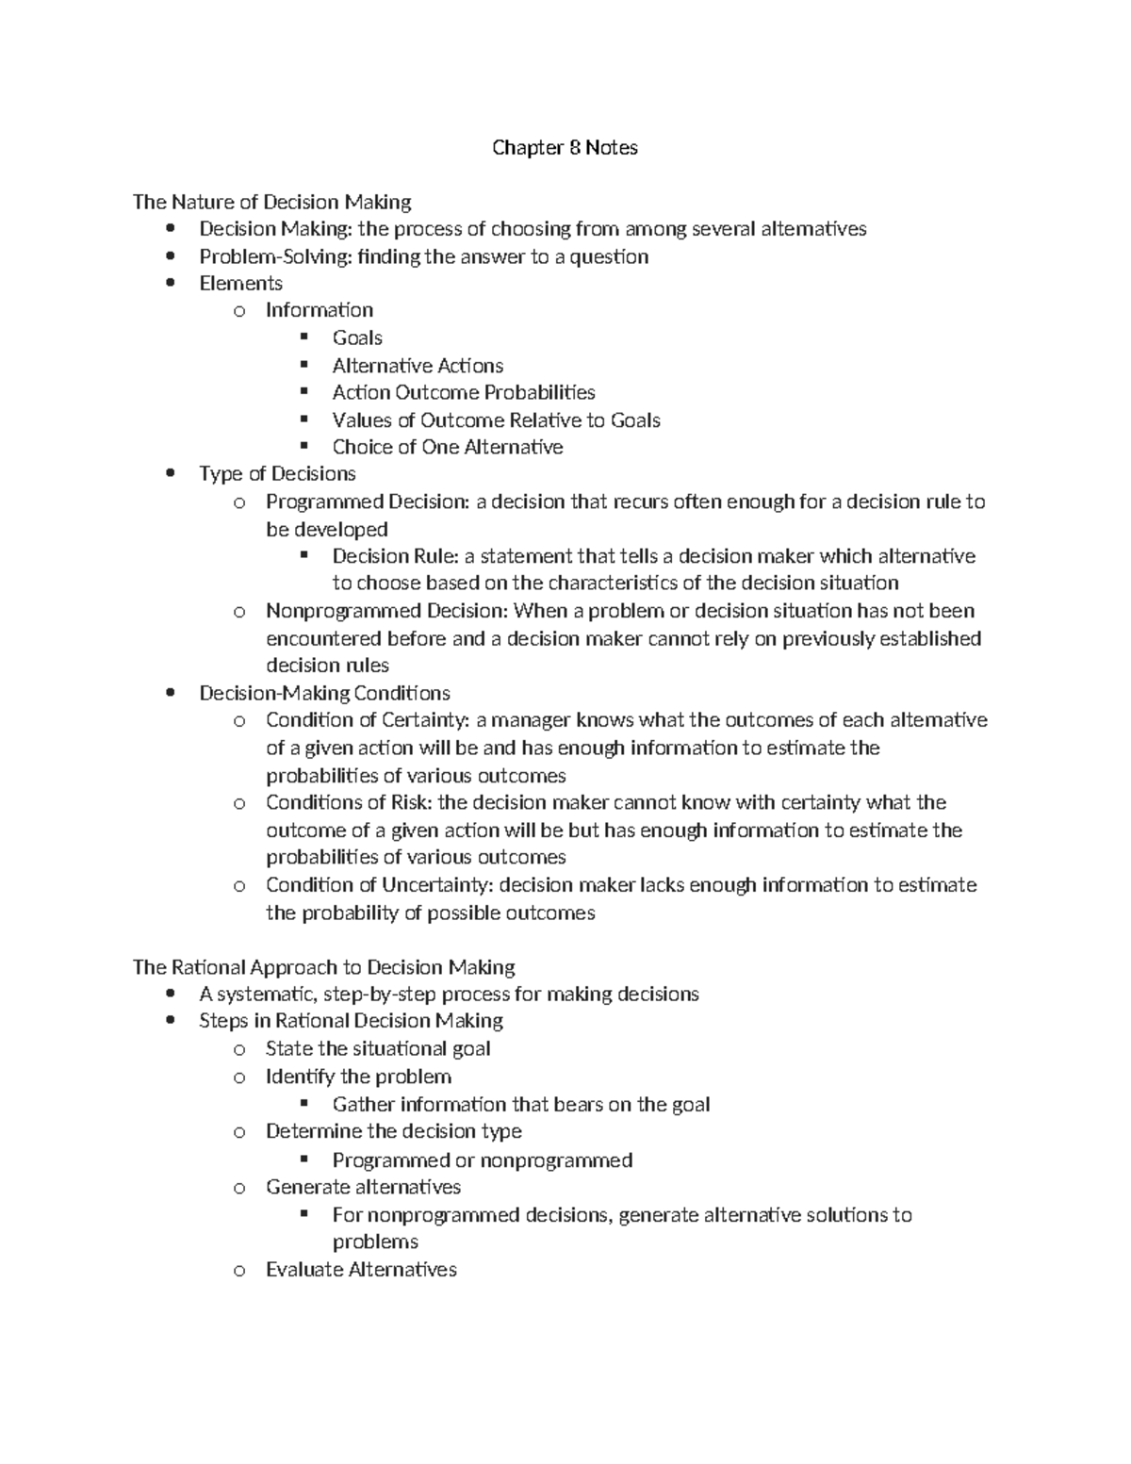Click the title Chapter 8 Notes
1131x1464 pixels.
[565, 148]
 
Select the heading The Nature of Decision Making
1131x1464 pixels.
[271, 202]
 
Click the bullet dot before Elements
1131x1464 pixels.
[171, 284]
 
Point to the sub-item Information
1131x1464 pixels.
[319, 310]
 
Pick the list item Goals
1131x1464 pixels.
[357, 337]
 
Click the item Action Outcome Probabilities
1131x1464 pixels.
[463, 392]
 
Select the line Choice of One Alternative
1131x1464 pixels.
[447, 447]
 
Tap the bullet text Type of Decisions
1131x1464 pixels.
[277, 473]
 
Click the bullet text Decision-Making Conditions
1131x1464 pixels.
[324, 693]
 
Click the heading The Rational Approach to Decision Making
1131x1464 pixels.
[323, 967]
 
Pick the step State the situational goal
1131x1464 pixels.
[377, 1048]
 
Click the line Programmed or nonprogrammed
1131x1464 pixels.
[482, 1160]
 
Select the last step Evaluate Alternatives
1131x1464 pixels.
[361, 1269]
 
